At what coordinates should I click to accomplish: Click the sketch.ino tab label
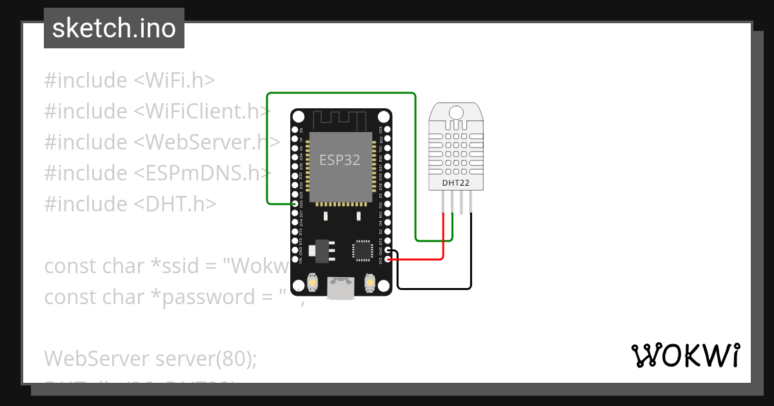114,28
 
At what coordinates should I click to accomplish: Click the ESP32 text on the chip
340,160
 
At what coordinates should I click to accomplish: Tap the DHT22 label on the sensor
455,182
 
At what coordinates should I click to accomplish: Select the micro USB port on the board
341,288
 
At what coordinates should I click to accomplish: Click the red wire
442,238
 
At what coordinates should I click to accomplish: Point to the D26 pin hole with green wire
295,204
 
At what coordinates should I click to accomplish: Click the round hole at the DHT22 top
456,112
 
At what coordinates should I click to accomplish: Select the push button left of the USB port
312,282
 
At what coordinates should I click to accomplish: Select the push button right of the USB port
370,282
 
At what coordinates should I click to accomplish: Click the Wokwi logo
685,355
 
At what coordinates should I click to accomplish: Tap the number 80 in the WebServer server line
229,358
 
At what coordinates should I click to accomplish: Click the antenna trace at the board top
340,120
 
